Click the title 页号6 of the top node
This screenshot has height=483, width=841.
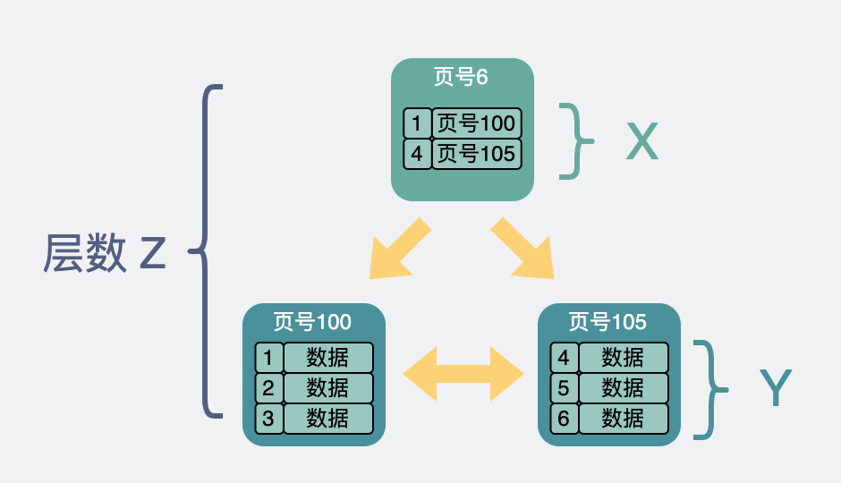(462, 77)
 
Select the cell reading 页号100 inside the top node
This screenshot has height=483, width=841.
(476, 123)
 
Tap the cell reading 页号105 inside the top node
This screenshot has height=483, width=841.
(476, 154)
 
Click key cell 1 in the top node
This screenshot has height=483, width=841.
(417, 123)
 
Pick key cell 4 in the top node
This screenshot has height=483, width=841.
(417, 154)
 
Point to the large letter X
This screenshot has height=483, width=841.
(641, 141)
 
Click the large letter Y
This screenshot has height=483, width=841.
(775, 389)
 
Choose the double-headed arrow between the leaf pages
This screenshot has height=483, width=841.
(463, 373)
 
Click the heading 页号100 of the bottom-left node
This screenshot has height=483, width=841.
(312, 321)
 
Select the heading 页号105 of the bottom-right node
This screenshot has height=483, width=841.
(607, 321)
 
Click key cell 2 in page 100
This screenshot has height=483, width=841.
(269, 388)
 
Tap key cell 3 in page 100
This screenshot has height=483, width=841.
(269, 419)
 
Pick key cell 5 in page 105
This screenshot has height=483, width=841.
(564, 388)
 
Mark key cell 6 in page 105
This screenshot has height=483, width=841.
(564, 419)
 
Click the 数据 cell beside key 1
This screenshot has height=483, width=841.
(327, 358)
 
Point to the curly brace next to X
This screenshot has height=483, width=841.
(577, 140)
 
